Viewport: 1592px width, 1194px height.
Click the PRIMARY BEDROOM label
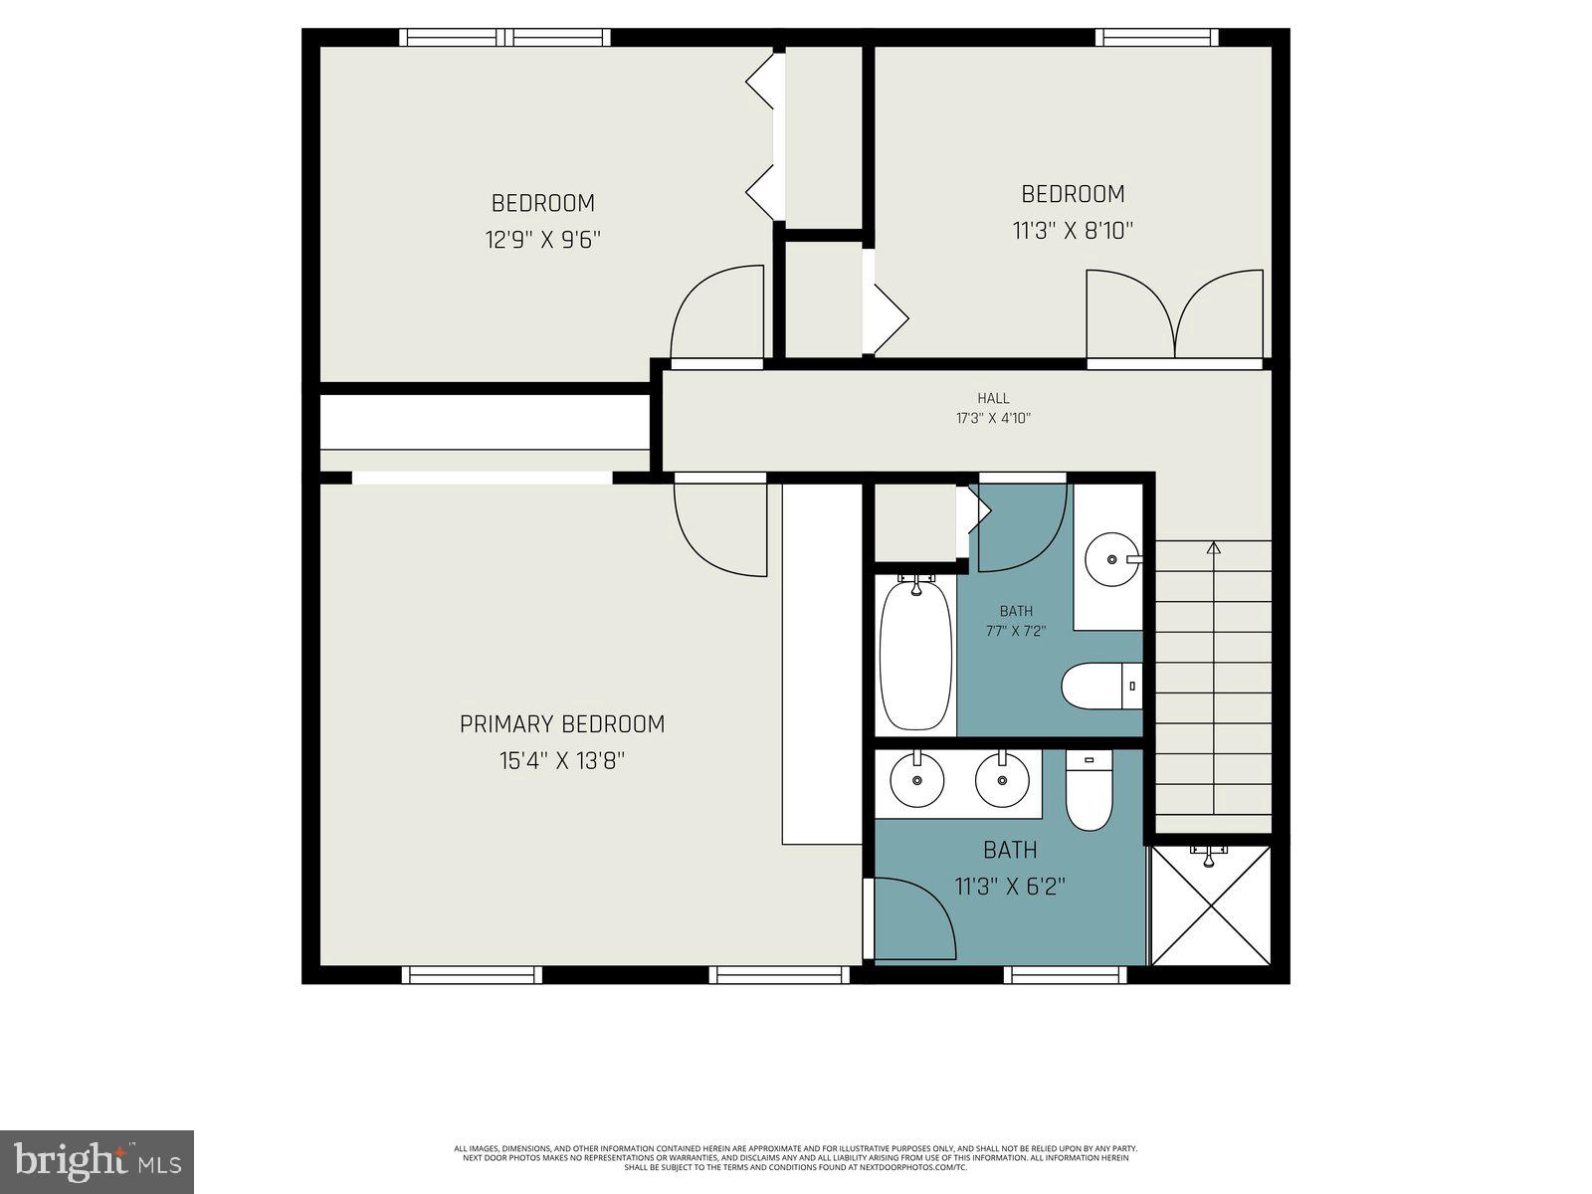561,724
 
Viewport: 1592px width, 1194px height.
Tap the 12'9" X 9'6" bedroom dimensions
543,240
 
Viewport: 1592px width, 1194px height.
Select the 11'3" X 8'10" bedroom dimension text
1073,231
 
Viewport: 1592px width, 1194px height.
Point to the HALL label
993,398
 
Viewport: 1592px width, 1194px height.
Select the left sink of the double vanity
916,780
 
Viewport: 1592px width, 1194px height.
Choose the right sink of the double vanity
1001,779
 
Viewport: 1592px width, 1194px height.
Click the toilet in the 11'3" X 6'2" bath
1089,793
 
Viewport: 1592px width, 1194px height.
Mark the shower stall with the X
1210,905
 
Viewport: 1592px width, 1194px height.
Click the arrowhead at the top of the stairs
1213,547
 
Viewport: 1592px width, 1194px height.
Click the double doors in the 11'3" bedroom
1175,314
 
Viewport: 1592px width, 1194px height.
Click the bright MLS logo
98,1162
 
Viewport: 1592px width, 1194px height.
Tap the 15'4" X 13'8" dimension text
561,761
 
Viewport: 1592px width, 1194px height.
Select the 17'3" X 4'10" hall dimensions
993,419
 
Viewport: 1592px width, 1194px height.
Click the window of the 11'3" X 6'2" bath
1065,974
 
